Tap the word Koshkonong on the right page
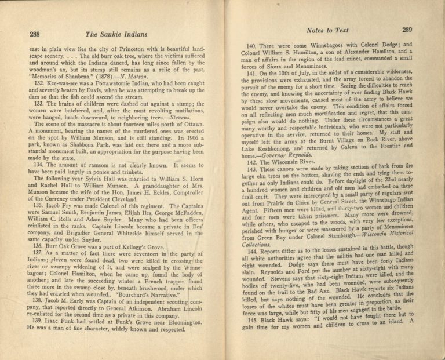[272, 149]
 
